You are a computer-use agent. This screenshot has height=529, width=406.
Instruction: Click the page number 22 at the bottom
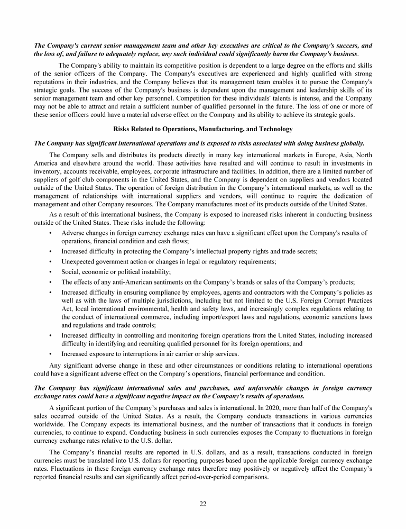203,503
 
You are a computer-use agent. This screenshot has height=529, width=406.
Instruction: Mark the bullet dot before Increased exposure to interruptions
50,354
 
